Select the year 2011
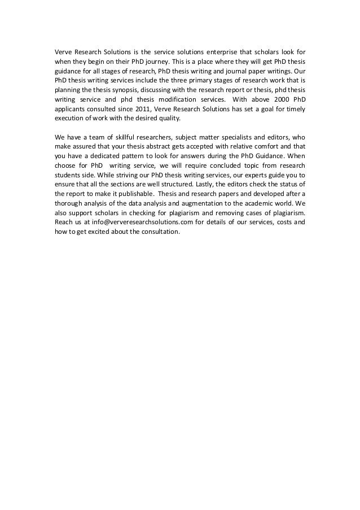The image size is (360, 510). click(154, 112)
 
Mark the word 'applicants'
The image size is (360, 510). click(69, 112)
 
